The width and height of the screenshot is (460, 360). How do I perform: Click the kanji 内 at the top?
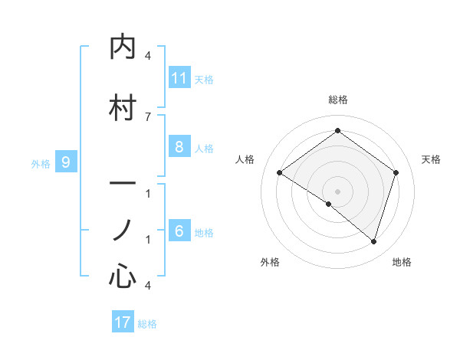(x=123, y=47)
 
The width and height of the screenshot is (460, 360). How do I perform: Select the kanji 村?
(x=123, y=108)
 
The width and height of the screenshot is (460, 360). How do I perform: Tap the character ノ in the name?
(x=123, y=231)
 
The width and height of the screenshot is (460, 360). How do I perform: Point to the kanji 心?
(x=123, y=276)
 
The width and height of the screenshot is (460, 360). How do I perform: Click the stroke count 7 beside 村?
(x=148, y=116)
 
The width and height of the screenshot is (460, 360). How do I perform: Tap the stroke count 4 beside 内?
(x=148, y=56)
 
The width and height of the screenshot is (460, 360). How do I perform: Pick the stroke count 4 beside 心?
(x=148, y=285)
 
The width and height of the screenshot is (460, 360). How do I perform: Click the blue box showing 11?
(x=179, y=78)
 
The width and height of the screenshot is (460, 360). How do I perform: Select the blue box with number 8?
(x=179, y=147)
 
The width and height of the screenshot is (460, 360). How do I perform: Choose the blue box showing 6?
(x=179, y=231)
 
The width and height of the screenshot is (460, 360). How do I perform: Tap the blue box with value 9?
(x=66, y=162)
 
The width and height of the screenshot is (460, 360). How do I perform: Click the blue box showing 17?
(x=123, y=322)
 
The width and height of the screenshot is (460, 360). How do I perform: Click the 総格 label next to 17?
(x=147, y=324)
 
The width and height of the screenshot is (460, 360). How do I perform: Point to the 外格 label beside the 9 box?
(x=41, y=163)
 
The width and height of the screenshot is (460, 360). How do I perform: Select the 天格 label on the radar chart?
(x=431, y=159)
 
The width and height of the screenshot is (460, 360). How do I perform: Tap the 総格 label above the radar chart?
(x=337, y=100)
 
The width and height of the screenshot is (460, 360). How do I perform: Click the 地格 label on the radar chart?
(x=402, y=262)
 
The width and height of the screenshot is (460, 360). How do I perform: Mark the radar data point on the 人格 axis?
(x=280, y=173)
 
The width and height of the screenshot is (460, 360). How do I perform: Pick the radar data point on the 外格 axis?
(x=329, y=204)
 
